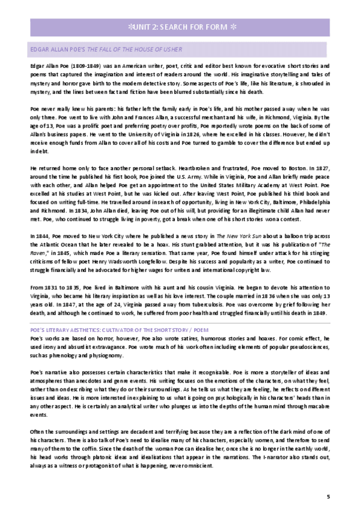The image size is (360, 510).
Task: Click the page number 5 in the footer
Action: coord(328,496)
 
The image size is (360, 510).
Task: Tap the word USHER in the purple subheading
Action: coord(171,49)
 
